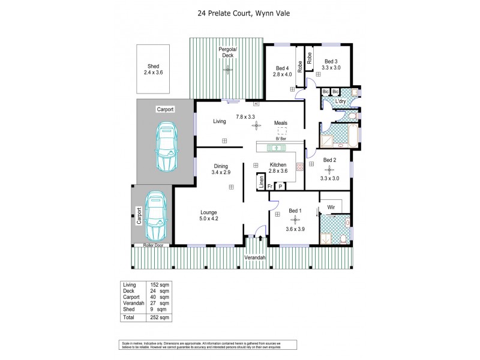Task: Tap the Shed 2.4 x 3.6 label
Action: point(153,69)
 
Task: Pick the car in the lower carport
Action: point(154,215)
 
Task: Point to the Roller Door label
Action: point(153,245)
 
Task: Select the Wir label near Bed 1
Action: point(330,207)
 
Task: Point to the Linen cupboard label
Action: point(261,182)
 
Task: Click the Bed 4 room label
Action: point(283,71)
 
